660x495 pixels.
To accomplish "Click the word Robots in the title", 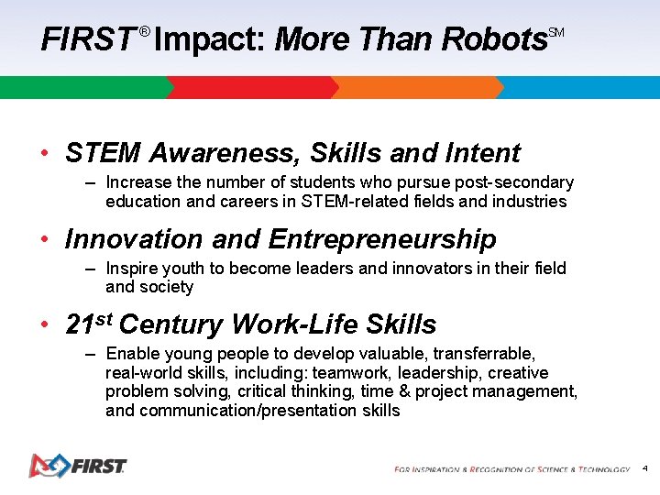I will tap(494, 39).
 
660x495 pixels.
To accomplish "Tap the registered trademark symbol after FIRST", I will tap(145, 33).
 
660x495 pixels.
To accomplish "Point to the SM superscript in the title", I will tap(556, 33).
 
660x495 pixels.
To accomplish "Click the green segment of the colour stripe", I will tap(82, 87).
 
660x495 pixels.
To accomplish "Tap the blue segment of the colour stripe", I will tap(577, 87).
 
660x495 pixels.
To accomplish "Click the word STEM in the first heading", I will tap(102, 153).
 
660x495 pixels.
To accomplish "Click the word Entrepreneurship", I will tap(382, 239).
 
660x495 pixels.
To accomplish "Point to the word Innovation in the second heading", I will tap(135, 239).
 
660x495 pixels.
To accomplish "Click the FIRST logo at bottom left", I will tap(77, 466).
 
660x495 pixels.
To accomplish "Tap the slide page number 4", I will tap(645, 468).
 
